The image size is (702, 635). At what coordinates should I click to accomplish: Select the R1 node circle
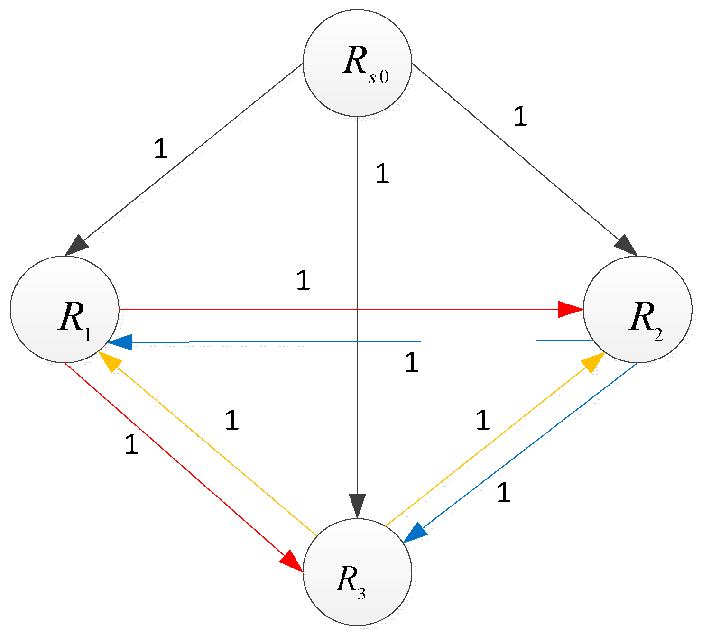65,309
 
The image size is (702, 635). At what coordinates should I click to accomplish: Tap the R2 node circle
637,309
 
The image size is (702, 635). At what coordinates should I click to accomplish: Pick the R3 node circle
357,571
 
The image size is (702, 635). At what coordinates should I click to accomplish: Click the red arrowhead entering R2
569,309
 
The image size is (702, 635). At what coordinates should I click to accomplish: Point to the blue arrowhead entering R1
120,342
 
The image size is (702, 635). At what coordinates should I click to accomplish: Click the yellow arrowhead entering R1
110,361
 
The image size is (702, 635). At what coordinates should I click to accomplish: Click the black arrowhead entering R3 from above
357,505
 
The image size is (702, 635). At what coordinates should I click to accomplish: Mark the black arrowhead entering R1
77,246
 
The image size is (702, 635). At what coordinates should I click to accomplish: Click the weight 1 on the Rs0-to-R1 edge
161,149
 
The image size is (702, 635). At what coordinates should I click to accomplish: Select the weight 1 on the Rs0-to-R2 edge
520,116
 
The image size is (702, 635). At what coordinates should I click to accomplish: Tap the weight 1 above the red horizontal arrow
303,280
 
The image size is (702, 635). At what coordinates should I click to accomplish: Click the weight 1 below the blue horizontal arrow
412,363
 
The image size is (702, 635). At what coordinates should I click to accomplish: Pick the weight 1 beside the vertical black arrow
382,174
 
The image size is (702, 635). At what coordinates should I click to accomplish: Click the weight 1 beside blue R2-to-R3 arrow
503,493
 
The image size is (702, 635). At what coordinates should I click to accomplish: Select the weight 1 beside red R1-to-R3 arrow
131,445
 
